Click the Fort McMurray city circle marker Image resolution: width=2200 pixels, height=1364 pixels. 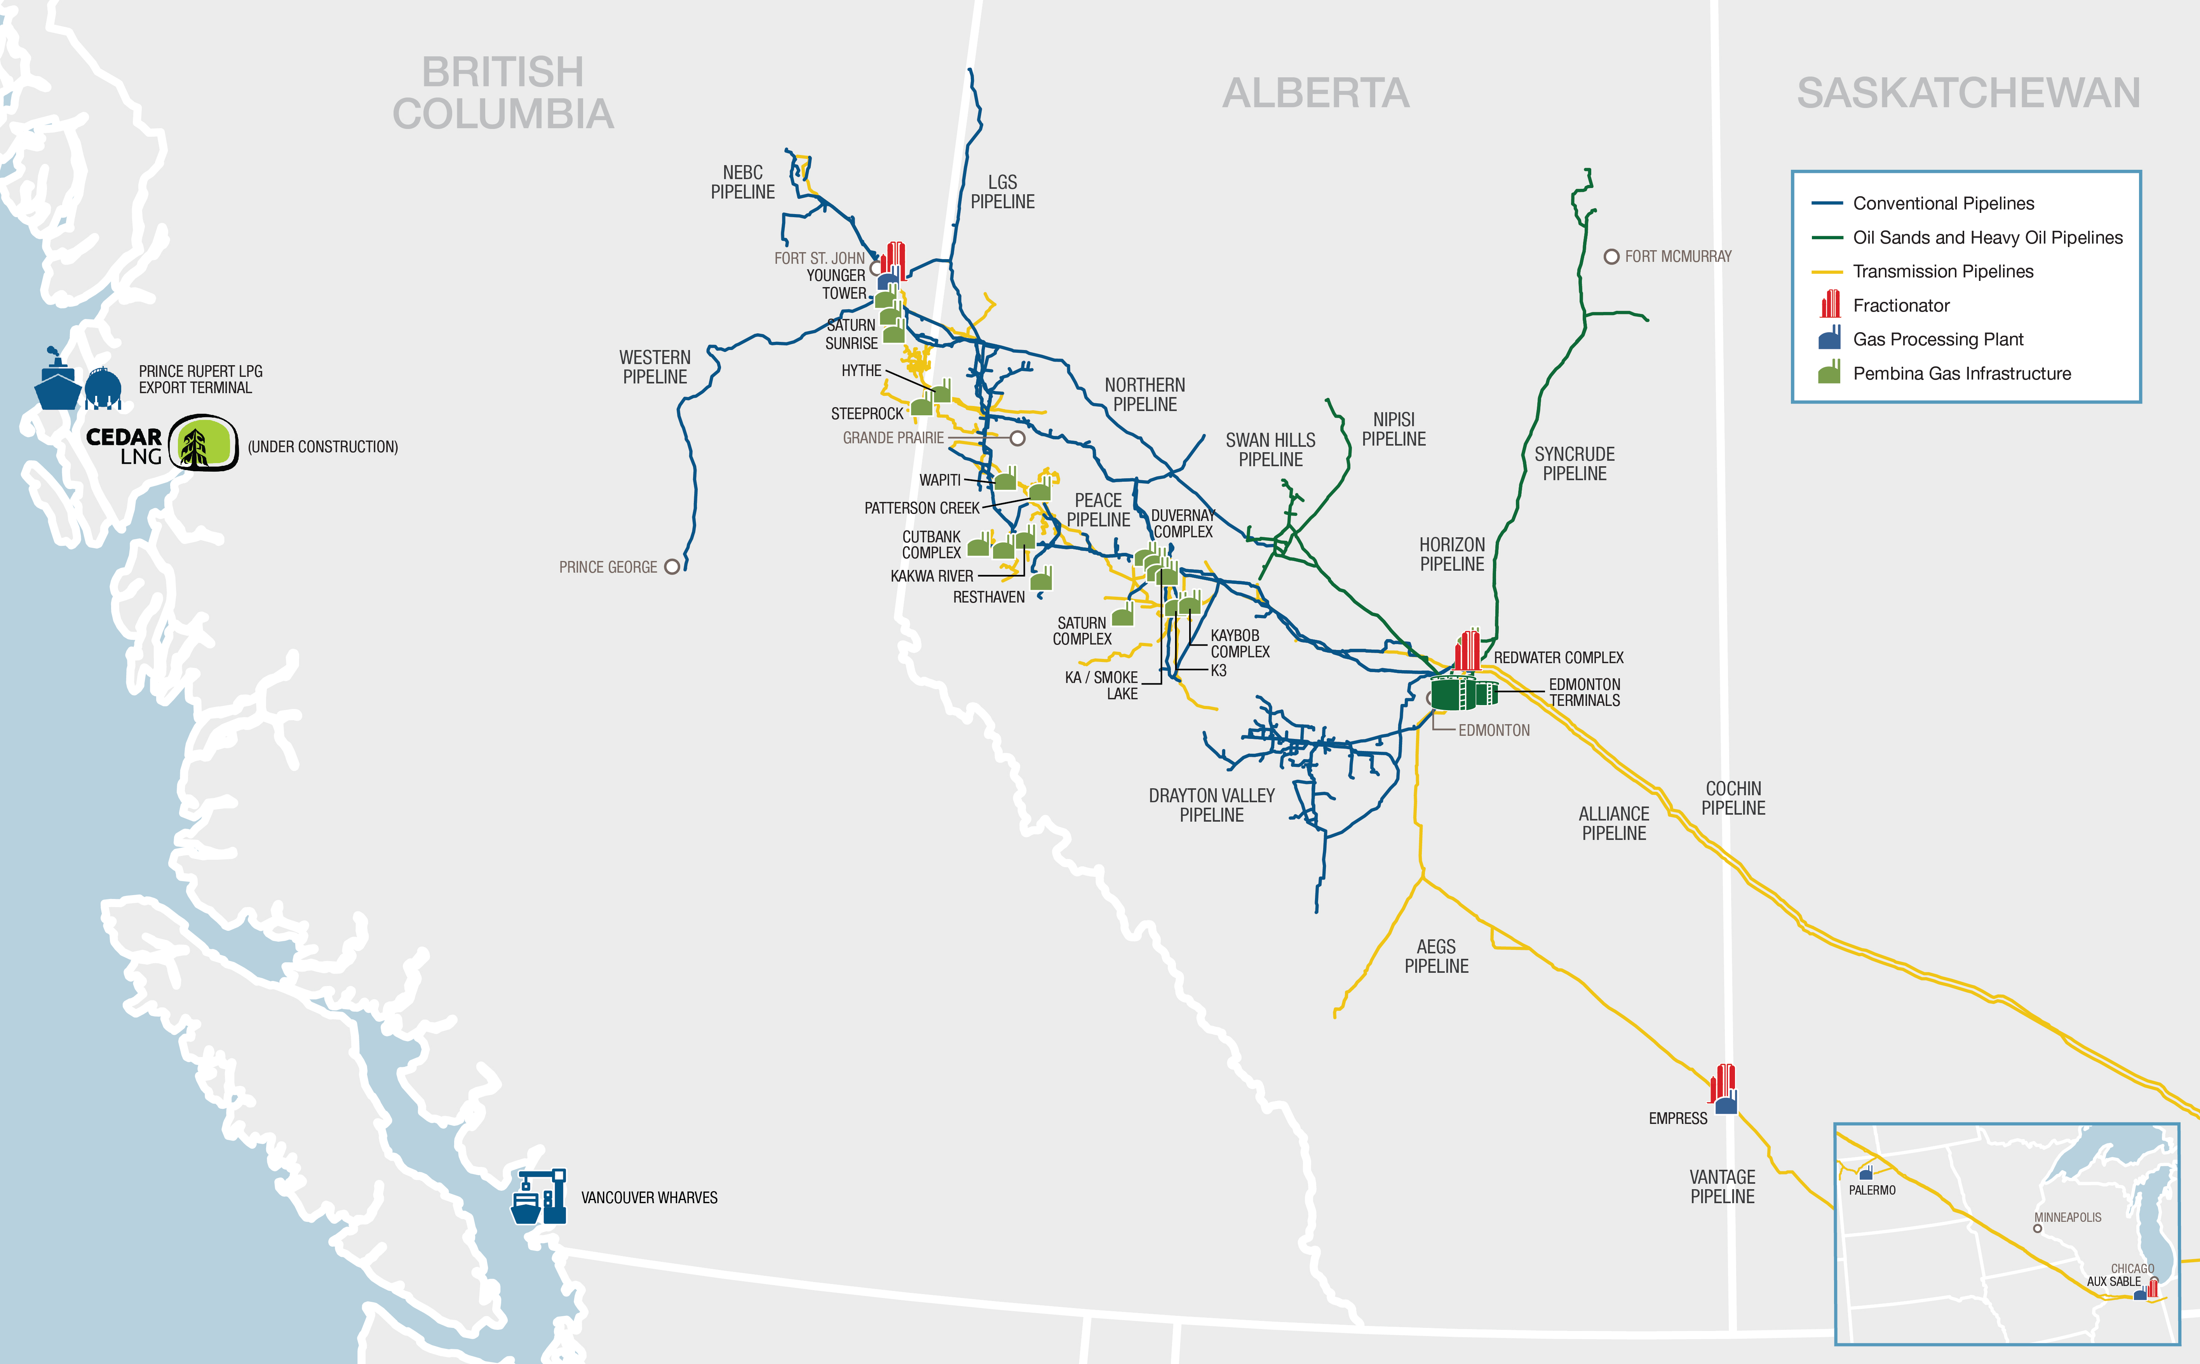click(1611, 257)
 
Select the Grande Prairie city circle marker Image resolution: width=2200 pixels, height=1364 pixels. click(1017, 439)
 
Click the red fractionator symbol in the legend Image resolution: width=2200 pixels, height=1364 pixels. click(1830, 304)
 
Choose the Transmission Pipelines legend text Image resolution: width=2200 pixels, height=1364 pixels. click(1943, 272)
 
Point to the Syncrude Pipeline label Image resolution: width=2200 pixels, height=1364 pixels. click(1574, 464)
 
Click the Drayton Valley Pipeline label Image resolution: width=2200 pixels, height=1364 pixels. click(1211, 805)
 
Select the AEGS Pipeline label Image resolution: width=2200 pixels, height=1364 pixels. click(1436, 956)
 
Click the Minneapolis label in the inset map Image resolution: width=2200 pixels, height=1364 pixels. click(2068, 1217)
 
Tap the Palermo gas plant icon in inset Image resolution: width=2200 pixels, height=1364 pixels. click(1866, 1173)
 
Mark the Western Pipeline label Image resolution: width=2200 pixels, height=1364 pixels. click(655, 367)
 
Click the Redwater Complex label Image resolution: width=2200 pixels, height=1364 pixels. click(1558, 658)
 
